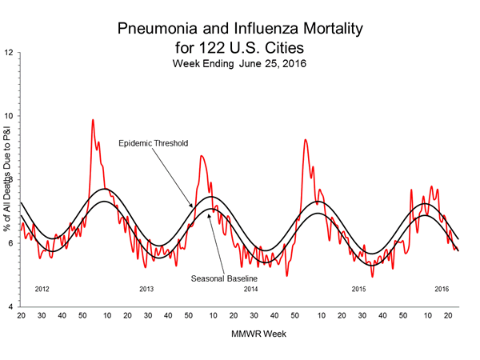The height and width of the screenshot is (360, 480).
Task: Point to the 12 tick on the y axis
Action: [9, 53]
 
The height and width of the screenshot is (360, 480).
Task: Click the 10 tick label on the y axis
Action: [9, 116]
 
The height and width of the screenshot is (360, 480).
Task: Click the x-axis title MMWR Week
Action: [239, 332]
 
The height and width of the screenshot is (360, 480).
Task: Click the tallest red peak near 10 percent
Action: [93, 121]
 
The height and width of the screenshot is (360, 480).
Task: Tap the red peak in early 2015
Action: [305, 140]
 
